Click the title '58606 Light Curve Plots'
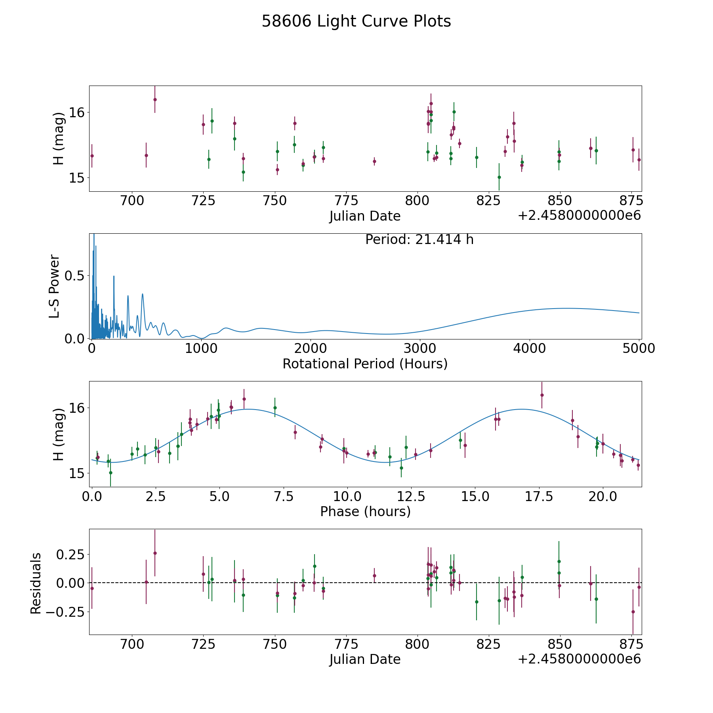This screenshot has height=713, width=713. (356, 21)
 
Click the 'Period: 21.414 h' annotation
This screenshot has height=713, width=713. (419, 240)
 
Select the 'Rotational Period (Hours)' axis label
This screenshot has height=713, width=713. (365, 364)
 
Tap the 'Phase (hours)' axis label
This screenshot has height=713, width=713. (365, 511)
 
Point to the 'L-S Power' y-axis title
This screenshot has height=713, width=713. (55, 286)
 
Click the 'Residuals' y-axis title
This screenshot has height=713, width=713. (36, 583)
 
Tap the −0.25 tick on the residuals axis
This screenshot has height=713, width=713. (67, 612)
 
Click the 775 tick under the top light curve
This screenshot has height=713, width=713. (346, 201)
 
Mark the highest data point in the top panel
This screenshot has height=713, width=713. (155, 99)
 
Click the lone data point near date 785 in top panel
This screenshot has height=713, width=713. (374, 161)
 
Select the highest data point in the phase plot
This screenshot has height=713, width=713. (542, 395)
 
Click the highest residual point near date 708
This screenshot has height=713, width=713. (155, 553)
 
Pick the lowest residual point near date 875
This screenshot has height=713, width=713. (633, 612)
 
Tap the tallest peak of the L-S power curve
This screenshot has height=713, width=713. (94, 235)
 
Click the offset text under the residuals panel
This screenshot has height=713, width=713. (579, 659)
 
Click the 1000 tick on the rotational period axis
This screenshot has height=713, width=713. (201, 349)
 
